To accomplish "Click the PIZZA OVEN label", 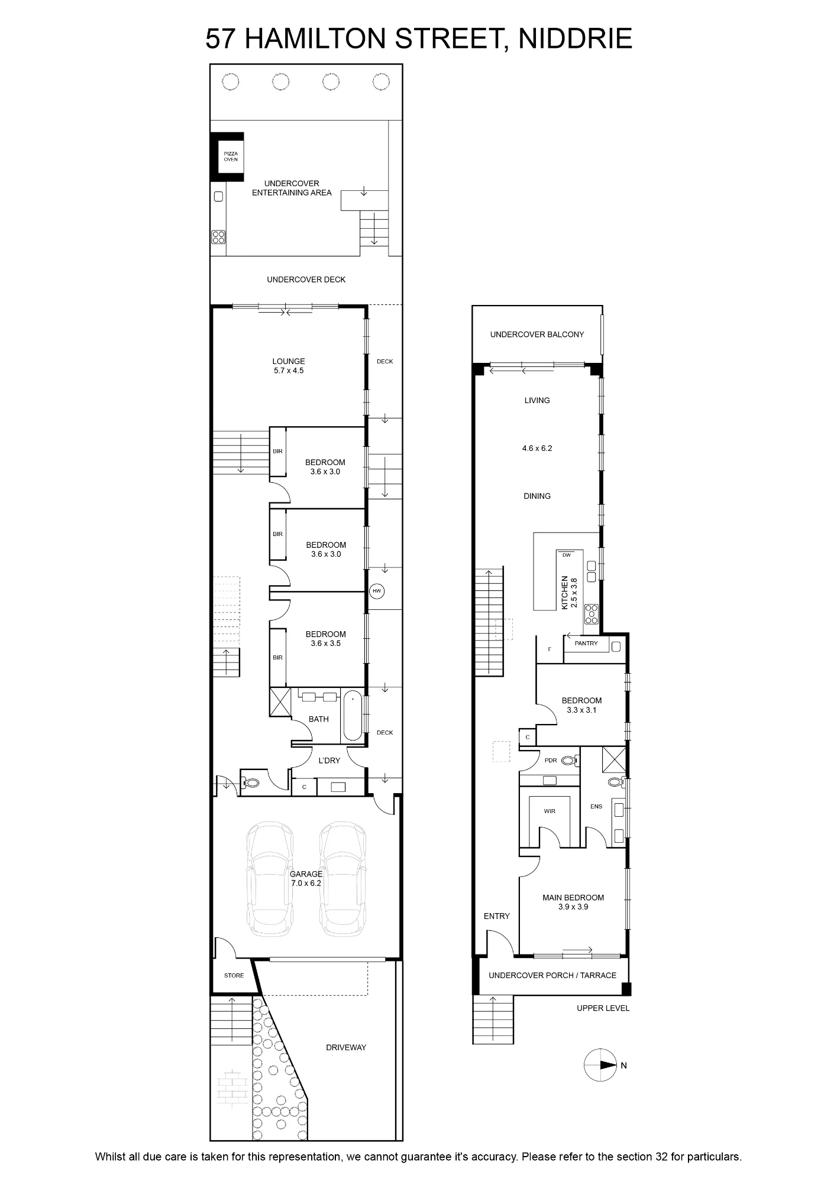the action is point(231,157).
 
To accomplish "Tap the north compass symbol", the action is point(600,1066).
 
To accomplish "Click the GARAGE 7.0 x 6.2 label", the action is point(306,878).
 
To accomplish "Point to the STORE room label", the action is point(234,975).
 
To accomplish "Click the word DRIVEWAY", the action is point(346,1047).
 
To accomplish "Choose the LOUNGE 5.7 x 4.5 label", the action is point(289,366).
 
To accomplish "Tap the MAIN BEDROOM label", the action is point(573,902).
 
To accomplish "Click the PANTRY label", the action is point(586,643).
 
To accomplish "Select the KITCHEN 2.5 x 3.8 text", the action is point(568,593).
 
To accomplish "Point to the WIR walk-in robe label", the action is point(550,811).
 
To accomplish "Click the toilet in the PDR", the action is point(568,760).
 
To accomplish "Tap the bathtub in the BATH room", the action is point(353,715).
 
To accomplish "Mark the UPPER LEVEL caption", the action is point(603,1008).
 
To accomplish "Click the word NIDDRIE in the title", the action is point(575,39).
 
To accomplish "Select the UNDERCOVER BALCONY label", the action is point(537,335).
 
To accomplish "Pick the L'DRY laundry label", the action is point(329,760).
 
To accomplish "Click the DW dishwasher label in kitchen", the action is point(567,555).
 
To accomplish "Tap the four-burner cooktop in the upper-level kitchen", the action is point(592,615).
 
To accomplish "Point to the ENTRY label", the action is point(496,915).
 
